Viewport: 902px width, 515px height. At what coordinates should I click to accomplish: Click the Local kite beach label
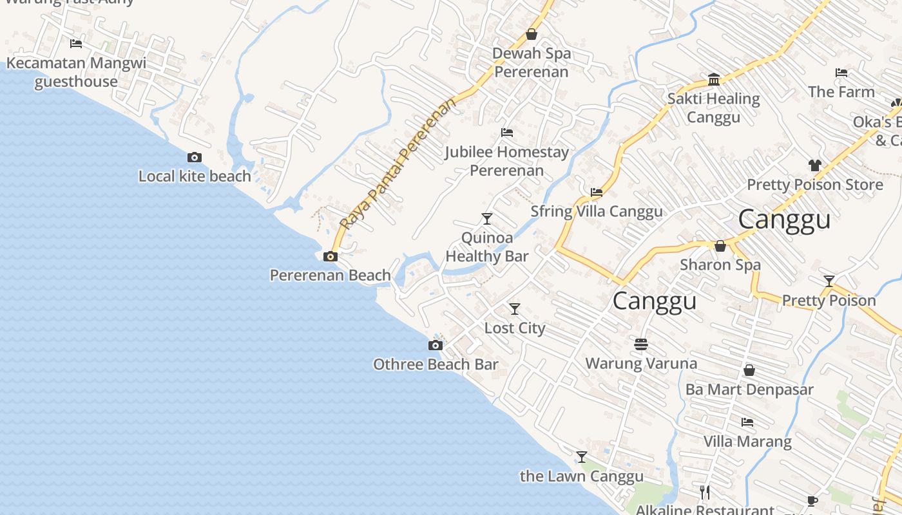coord(195,176)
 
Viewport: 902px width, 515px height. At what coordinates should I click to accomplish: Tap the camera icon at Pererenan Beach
coord(331,256)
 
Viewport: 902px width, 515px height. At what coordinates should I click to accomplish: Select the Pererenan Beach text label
coord(330,276)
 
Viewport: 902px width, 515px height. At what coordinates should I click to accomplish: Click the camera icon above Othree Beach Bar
coord(436,345)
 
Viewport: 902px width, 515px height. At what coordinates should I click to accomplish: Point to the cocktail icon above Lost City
coord(514,309)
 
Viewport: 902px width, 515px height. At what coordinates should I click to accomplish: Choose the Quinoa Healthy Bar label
coord(487,247)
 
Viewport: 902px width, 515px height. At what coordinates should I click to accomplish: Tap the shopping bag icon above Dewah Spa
coord(532,34)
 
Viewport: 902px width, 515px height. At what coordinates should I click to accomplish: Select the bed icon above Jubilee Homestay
coord(507,133)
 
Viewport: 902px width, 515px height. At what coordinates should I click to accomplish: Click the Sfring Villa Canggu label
coord(596,212)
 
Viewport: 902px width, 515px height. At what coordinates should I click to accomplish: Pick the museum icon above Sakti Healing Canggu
coord(714,80)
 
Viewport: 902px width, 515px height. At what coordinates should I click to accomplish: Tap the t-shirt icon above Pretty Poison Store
coord(815,165)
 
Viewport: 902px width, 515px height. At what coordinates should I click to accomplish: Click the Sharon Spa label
coord(720,265)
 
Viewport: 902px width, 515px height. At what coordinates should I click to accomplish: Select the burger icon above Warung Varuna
coord(640,344)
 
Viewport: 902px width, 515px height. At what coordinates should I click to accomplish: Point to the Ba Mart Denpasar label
coord(749,389)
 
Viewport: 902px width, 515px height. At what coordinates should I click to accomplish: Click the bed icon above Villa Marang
coord(747,422)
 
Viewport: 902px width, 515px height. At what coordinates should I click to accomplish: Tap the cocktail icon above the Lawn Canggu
coord(582,457)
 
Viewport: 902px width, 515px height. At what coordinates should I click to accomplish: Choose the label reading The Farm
coord(841,92)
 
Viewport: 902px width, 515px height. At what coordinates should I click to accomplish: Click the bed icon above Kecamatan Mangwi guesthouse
coord(76,44)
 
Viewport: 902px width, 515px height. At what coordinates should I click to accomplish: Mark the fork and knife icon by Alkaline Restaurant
coord(705,492)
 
